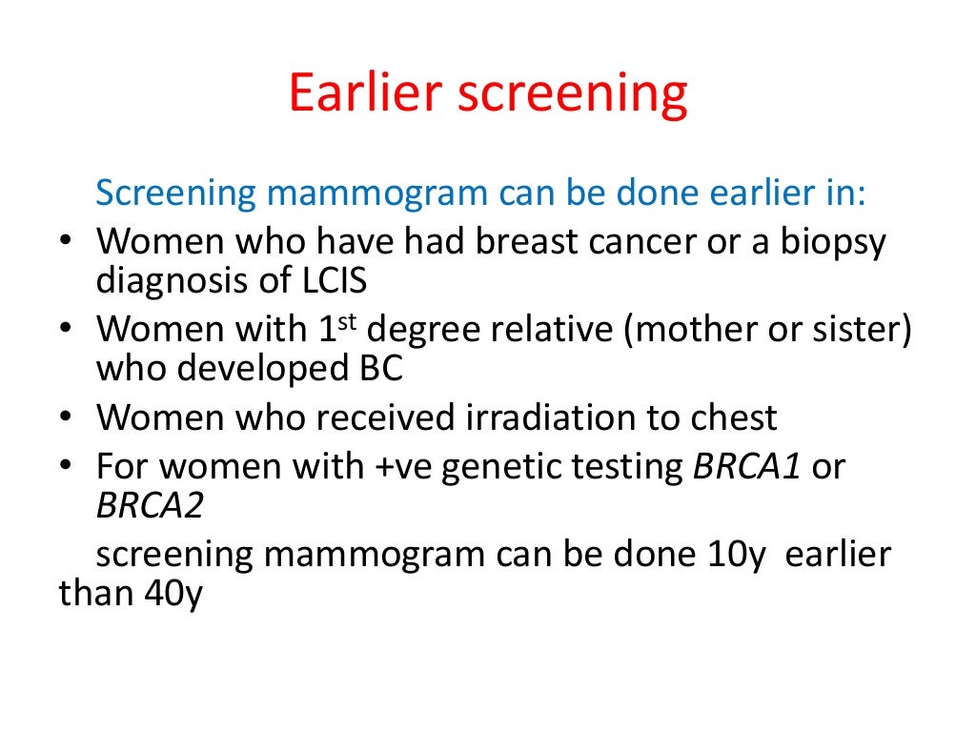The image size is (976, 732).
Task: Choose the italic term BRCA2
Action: click(x=150, y=506)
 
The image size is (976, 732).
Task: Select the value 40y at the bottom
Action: click(x=171, y=595)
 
